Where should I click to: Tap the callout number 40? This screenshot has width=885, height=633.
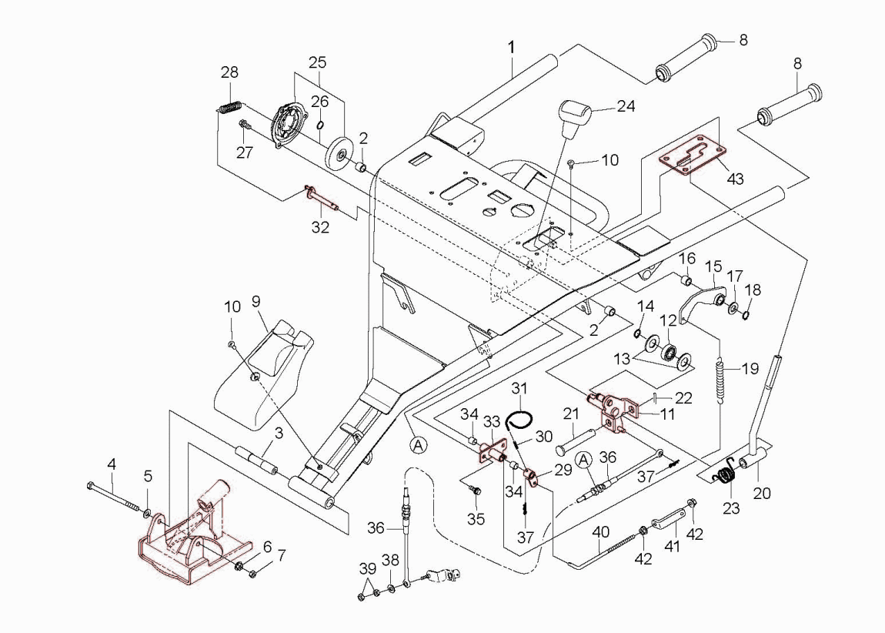(x=599, y=531)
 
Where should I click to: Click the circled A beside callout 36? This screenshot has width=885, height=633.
(x=584, y=460)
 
